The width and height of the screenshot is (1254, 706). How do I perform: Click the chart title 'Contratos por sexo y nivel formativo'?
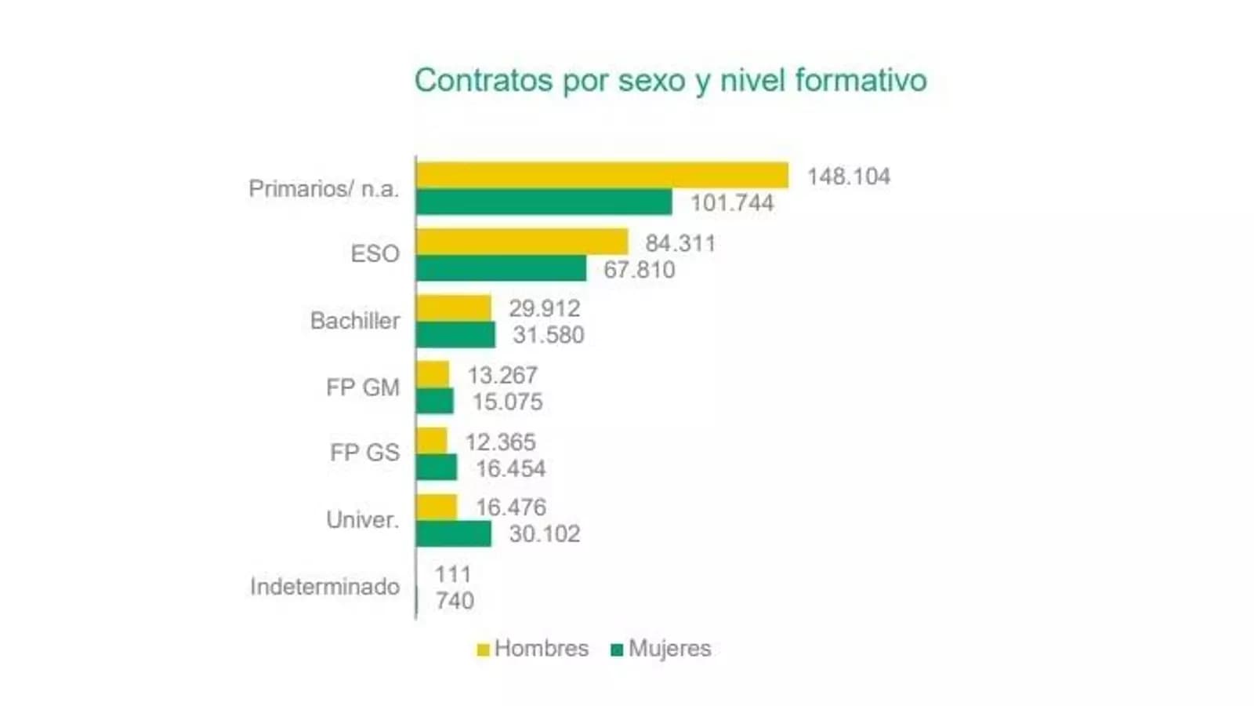pos(670,80)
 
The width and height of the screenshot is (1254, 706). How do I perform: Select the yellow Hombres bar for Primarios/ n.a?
pos(602,175)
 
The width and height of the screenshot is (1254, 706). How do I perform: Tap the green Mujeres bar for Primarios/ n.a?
pos(544,202)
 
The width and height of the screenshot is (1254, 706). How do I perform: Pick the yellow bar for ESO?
pos(522,242)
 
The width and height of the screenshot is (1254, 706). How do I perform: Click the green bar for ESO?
pos(501,268)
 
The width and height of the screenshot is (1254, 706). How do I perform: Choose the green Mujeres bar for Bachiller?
pos(455,334)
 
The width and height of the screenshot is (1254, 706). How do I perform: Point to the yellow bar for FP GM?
pos(433,374)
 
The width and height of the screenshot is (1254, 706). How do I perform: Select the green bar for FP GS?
pos(437,468)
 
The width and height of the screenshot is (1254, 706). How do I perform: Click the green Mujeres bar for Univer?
pos(454,533)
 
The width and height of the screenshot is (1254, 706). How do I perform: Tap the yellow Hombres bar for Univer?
pos(437,507)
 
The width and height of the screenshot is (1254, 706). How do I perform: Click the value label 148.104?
pos(849,176)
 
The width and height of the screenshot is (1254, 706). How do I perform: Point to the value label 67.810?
pos(639,270)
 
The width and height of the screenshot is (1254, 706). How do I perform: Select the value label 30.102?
pos(545,534)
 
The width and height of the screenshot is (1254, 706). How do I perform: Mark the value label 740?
pos(455,601)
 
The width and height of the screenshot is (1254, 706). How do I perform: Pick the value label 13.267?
pos(502,375)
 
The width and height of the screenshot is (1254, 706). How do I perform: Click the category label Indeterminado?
pos(324,587)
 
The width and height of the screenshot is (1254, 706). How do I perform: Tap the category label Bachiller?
pos(355,321)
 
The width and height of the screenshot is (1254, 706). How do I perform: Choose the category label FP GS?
pos(364,453)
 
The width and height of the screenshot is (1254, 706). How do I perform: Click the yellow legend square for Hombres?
pos(483,650)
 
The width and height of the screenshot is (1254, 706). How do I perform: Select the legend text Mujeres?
pos(670,649)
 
